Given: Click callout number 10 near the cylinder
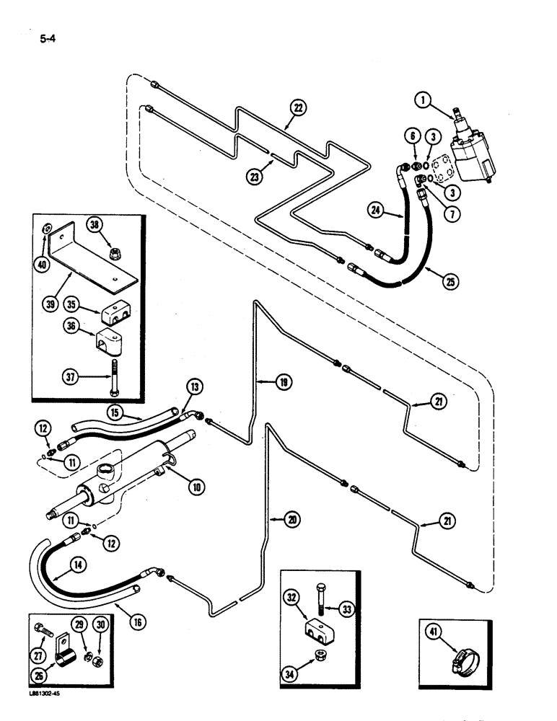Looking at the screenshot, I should (x=195, y=486).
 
